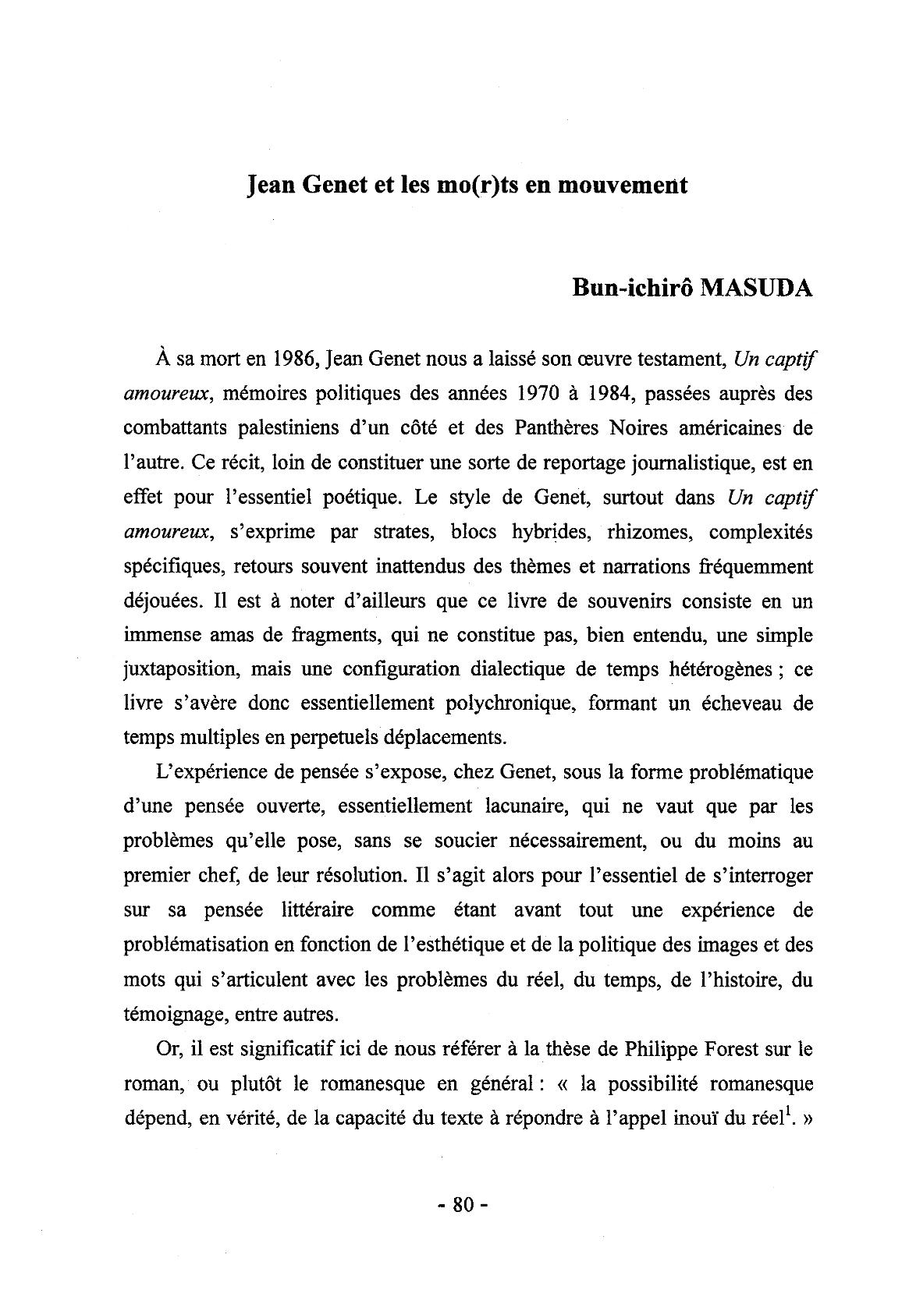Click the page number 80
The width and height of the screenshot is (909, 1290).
click(x=463, y=1204)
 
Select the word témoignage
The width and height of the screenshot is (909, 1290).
click(x=173, y=1015)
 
